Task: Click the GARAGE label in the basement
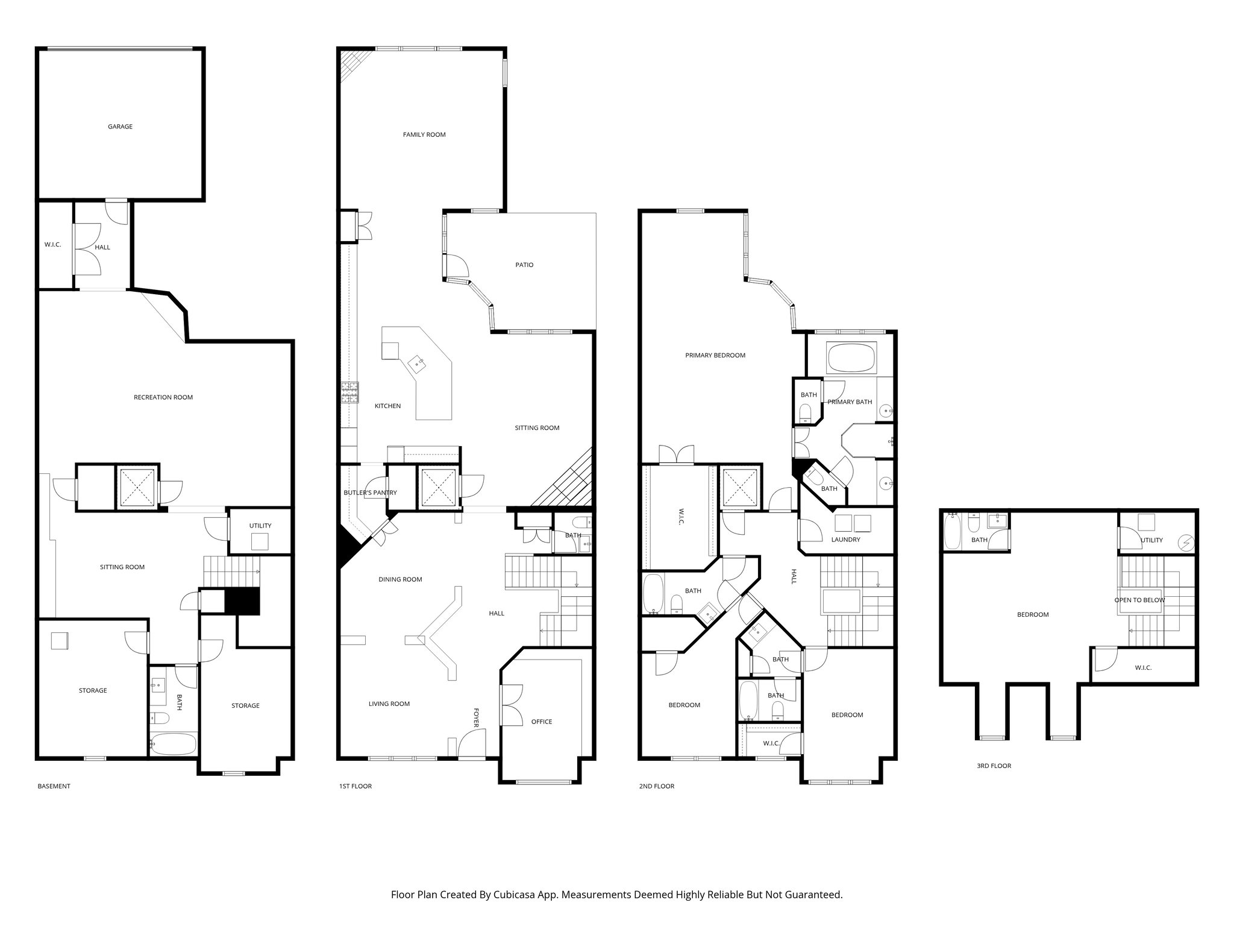[x=120, y=127]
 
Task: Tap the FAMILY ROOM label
[x=424, y=134]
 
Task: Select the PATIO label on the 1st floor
[x=524, y=265]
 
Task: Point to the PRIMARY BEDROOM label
[x=715, y=355]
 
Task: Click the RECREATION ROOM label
[x=163, y=397]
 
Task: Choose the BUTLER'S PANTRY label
[x=370, y=493]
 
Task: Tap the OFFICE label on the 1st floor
[x=541, y=722]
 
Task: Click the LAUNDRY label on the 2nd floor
[x=845, y=540]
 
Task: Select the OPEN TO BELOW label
[x=1139, y=600]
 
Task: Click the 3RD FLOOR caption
[x=994, y=766]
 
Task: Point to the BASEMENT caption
[x=54, y=786]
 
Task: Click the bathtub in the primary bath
[x=850, y=358]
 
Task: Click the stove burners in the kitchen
[x=349, y=392]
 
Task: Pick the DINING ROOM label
[x=400, y=579]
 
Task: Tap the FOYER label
[x=476, y=717]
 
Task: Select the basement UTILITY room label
[x=260, y=526]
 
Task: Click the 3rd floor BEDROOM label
[x=1033, y=615]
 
